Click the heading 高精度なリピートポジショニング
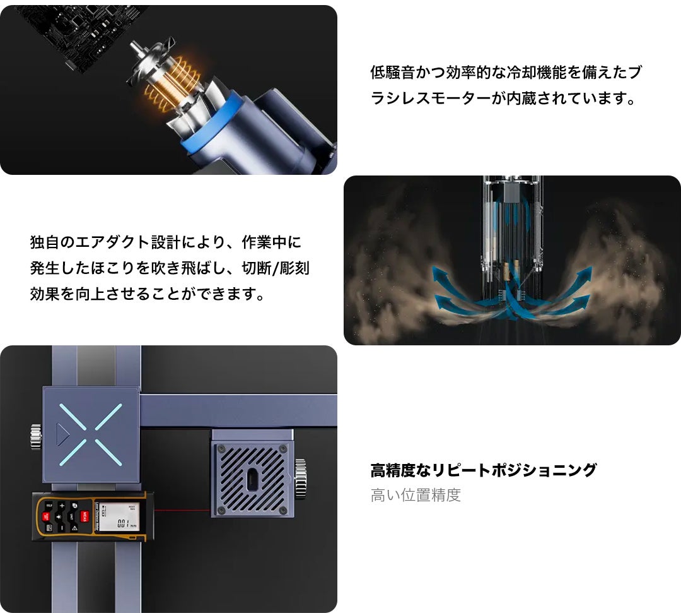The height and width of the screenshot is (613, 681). coord(484,470)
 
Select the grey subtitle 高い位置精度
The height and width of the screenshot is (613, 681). coord(416,495)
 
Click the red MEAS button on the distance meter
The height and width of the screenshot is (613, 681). coord(84,516)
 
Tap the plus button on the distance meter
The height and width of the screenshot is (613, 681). coord(62,505)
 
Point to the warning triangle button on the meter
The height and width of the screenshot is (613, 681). coord(74,528)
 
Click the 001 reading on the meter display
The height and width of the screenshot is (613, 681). coord(123,523)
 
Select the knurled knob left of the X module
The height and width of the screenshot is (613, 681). coord(36,436)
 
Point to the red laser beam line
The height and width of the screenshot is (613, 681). coord(183,510)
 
